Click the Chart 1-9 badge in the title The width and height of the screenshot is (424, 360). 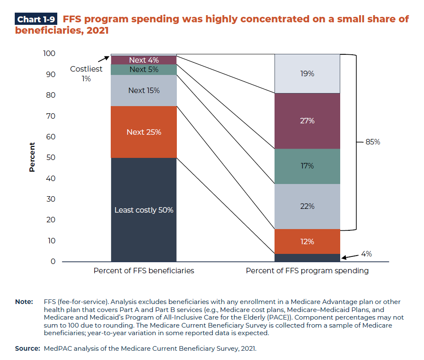pos(36,19)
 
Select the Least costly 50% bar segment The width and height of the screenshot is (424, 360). pos(144,210)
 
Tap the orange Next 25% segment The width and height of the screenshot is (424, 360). pos(144,132)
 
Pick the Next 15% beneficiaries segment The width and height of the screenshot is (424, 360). pos(144,91)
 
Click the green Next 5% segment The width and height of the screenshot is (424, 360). pos(144,69)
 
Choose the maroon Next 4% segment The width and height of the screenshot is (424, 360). pos(144,60)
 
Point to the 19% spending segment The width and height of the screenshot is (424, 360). pos(307,74)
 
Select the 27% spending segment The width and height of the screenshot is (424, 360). pos(307,121)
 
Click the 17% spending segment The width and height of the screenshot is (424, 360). pos(307,166)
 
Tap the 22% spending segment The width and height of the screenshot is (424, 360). pos(307,206)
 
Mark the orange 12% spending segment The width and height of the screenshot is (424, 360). pos(307,242)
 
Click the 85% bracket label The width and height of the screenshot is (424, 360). pos(373,142)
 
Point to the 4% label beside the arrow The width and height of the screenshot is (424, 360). pos(366,254)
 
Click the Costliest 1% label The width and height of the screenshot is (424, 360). pos(86,74)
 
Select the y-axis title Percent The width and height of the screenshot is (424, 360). pos(32,157)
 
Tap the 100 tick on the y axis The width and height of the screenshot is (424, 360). pos(49,53)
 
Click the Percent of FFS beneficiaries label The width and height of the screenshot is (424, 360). pos(144,271)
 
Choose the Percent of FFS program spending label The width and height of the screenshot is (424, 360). pos(307,271)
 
